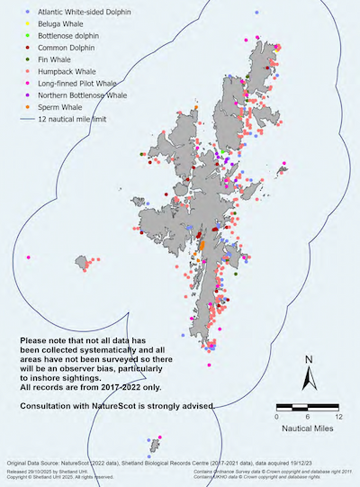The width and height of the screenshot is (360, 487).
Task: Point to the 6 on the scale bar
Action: pyautogui.click(x=308, y=417)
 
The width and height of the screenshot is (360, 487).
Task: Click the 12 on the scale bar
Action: pyautogui.click(x=337, y=417)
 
